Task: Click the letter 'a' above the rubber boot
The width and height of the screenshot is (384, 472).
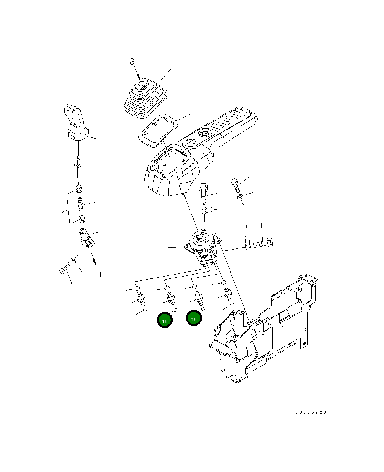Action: tap(132, 61)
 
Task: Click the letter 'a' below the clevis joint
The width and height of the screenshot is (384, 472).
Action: tap(99, 274)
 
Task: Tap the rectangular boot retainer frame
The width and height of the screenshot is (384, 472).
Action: tap(158, 129)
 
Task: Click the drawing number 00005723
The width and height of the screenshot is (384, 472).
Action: tap(310, 412)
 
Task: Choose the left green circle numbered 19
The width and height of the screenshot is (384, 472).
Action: tap(164, 320)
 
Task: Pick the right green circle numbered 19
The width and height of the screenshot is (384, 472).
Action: tap(194, 318)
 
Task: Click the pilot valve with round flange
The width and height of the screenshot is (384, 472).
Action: tap(202, 245)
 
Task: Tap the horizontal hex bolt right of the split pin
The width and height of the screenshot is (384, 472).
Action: tap(263, 244)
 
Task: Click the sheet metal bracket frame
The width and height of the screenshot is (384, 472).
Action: tap(265, 331)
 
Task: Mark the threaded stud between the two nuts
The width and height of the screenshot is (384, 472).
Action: tap(81, 204)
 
